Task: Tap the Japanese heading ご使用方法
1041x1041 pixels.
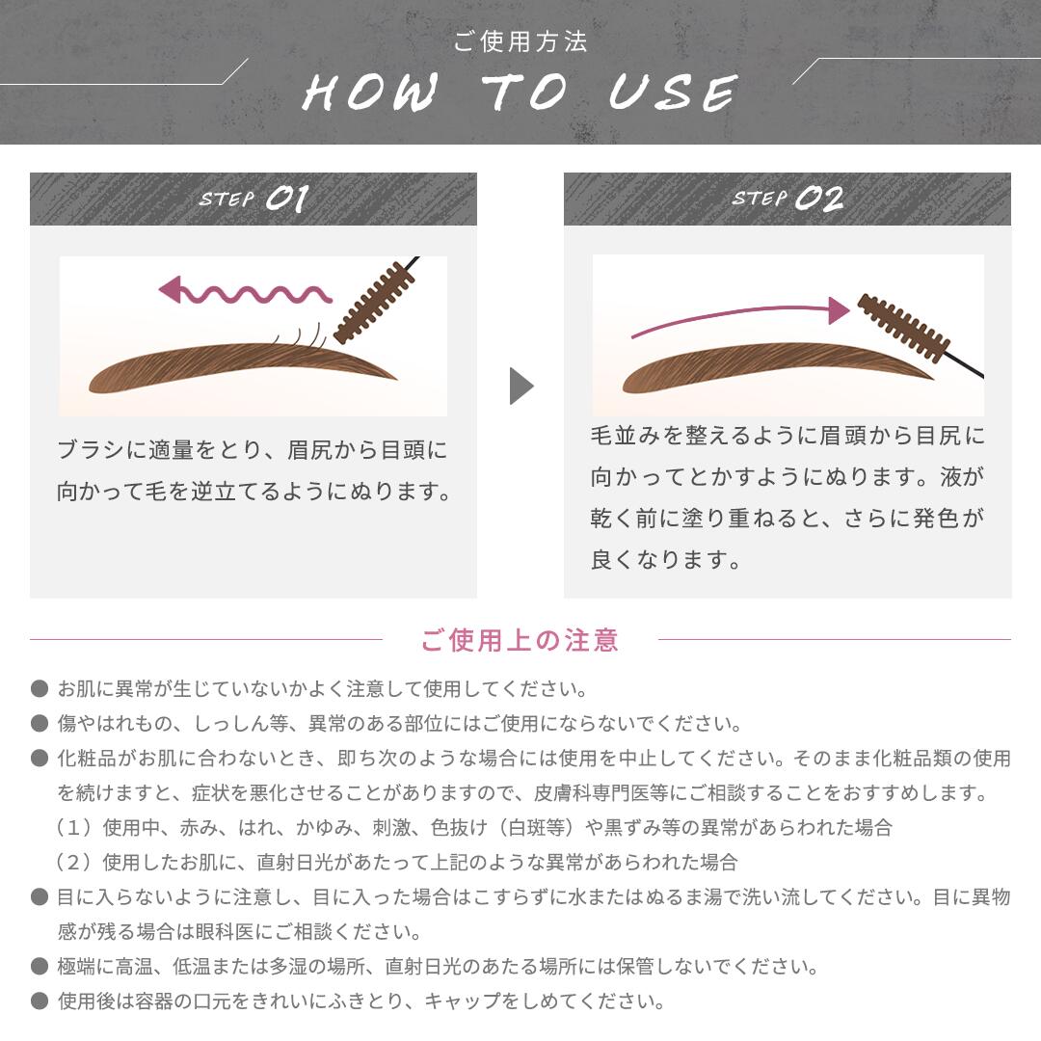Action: pyautogui.click(x=520, y=42)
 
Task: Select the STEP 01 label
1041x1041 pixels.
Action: pyautogui.click(x=254, y=199)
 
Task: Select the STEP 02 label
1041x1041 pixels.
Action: pyautogui.click(x=787, y=199)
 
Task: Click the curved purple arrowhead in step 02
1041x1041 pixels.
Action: pyautogui.click(x=839, y=309)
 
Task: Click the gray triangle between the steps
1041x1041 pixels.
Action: pyautogui.click(x=520, y=386)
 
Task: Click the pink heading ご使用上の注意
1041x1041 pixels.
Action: pyautogui.click(x=520, y=640)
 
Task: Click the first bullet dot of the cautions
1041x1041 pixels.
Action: pyautogui.click(x=40, y=689)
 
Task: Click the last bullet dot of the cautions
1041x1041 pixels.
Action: pyautogui.click(x=40, y=1001)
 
